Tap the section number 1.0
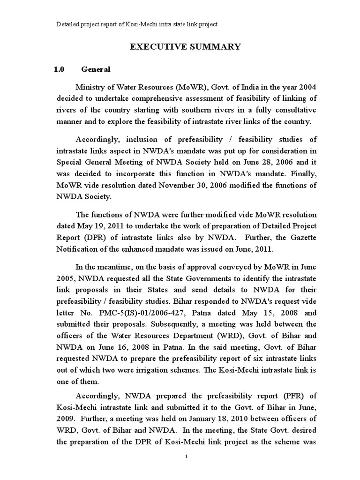(59, 69)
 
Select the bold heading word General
(96, 69)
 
